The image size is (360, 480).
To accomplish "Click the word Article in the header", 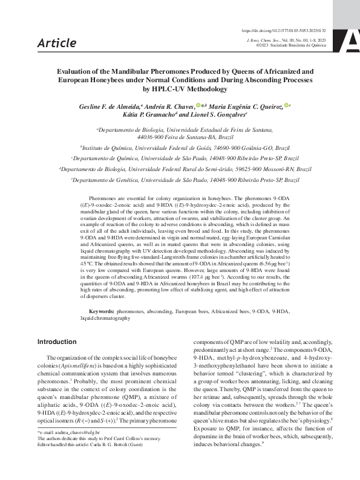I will [x=57, y=42].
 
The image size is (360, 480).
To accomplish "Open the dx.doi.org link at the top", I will [x=283, y=30].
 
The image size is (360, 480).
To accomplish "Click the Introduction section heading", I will [x=57, y=342].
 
